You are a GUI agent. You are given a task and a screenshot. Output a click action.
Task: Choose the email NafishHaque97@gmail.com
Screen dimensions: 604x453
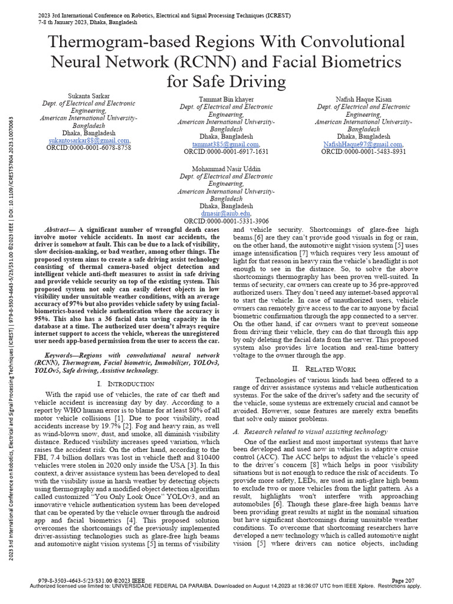click(x=363, y=144)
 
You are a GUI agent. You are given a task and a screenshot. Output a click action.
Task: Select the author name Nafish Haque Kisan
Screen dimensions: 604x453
click(x=363, y=99)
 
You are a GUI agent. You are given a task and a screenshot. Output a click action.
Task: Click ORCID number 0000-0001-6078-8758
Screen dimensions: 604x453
click(x=88, y=148)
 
